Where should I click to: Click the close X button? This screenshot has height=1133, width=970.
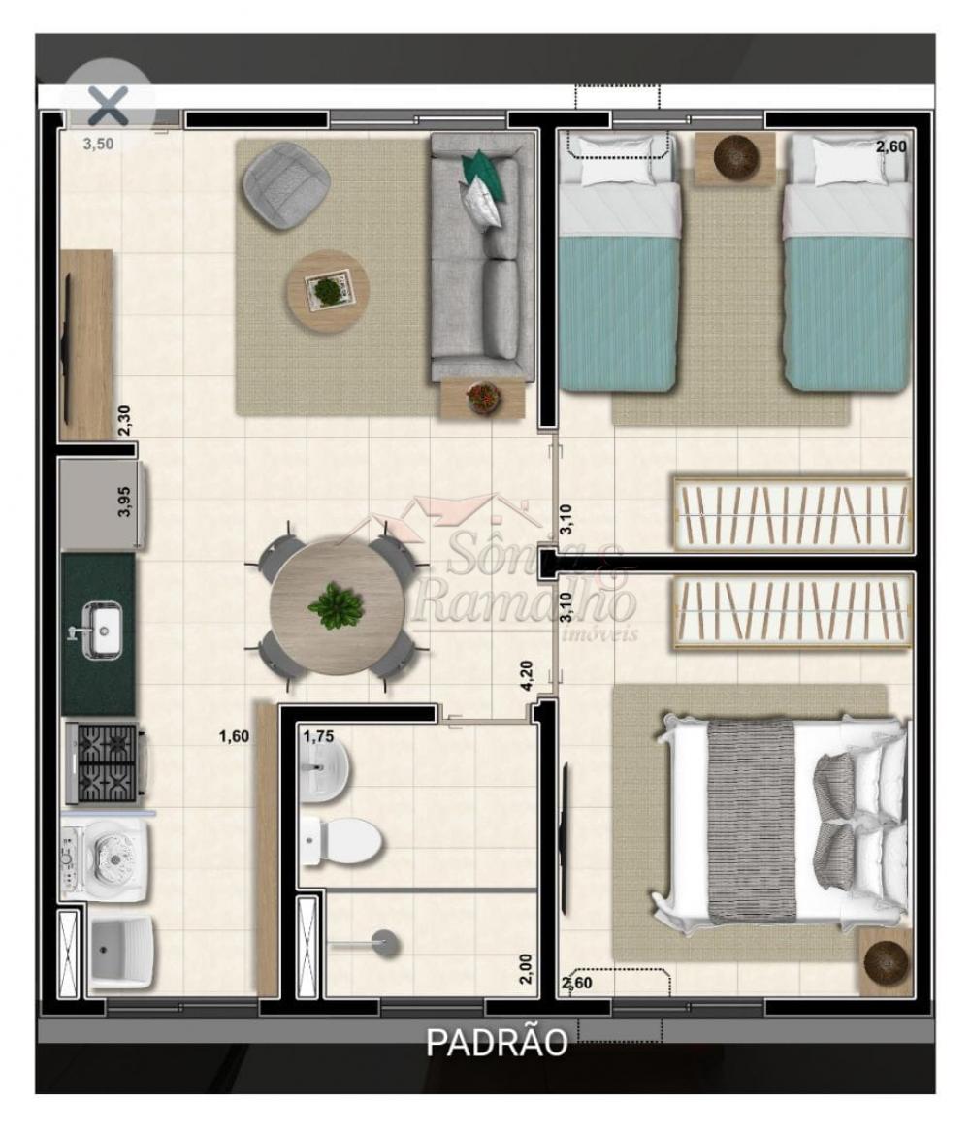coord(109,106)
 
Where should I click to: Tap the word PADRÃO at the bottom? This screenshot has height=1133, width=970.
coord(497,1042)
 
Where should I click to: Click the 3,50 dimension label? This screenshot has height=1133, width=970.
coord(98,144)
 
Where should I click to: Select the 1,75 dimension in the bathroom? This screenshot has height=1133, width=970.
coord(318,736)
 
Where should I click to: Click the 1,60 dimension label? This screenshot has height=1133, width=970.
coord(234,736)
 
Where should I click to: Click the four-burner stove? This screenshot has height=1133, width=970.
coord(107,763)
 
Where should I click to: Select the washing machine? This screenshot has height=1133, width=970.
coord(106,858)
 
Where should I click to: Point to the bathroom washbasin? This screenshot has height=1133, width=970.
coord(325,770)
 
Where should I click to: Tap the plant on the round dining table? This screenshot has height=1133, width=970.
coord(336,605)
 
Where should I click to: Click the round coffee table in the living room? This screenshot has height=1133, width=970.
coord(328,291)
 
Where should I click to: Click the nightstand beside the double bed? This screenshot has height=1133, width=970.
coord(886,962)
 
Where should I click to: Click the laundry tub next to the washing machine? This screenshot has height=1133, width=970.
coord(121,954)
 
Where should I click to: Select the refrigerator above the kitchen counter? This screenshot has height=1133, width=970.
coord(104,505)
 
